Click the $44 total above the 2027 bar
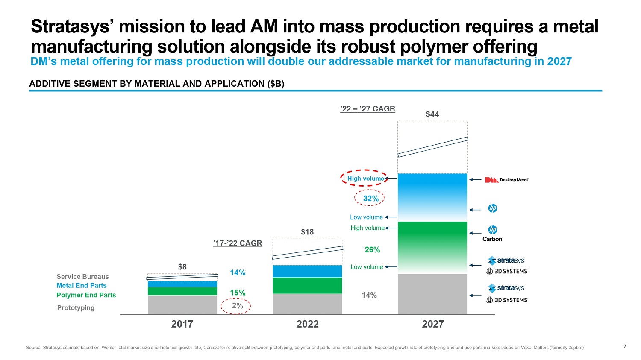(x=432, y=114)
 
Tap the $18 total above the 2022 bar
(x=307, y=232)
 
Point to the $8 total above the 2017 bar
(x=182, y=267)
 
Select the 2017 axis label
(x=182, y=324)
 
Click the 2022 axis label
(x=308, y=324)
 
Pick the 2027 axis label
(x=433, y=324)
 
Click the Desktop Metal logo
(x=506, y=180)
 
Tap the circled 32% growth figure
(x=370, y=198)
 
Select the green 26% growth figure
(x=372, y=249)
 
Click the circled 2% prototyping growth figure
(x=238, y=306)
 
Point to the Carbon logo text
(x=492, y=239)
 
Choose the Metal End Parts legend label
(x=82, y=285)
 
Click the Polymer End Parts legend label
(x=86, y=295)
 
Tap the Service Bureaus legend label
(x=83, y=276)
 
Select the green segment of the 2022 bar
(x=307, y=285)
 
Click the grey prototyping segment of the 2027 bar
(x=432, y=294)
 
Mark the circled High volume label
(x=365, y=179)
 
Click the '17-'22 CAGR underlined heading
(x=238, y=243)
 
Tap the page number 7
(x=625, y=346)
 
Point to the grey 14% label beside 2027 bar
(x=369, y=295)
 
